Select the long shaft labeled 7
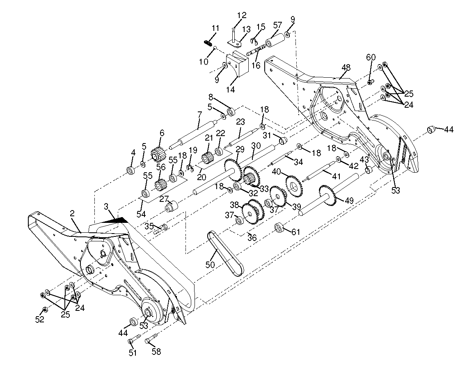coord(193,134)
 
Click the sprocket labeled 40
coord(293,185)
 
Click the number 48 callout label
coord(346,67)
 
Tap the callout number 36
coord(252,238)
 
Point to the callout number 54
coord(141,214)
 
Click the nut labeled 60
coord(371,82)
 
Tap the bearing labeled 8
coord(231,112)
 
